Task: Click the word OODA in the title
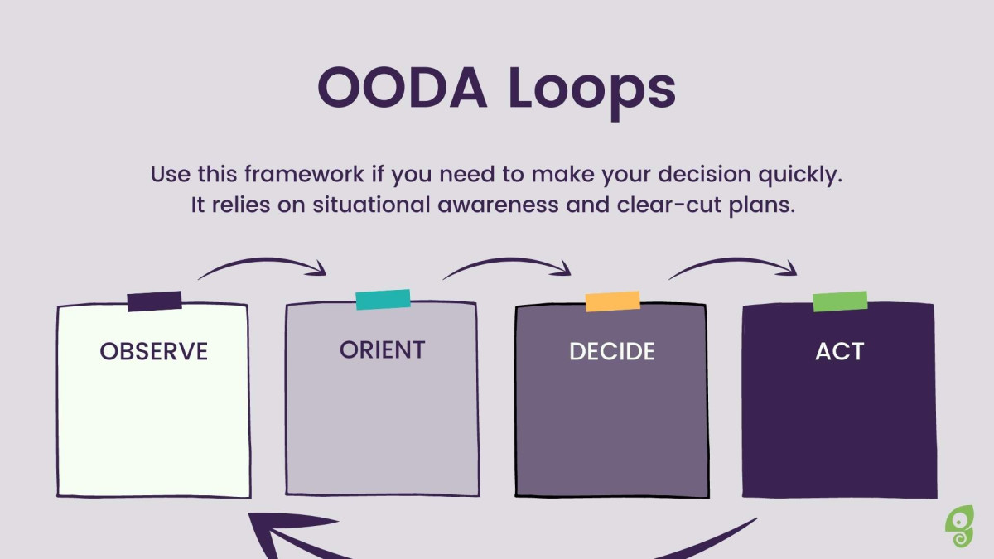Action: (x=403, y=88)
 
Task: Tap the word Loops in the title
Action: (x=592, y=92)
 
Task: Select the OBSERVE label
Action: (x=154, y=351)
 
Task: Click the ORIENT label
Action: (x=382, y=349)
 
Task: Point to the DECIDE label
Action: (x=612, y=351)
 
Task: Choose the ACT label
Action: (x=840, y=351)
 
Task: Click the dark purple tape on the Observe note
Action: (x=154, y=301)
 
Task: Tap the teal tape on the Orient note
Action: (x=383, y=300)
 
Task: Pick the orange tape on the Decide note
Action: (x=612, y=301)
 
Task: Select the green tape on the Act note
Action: (x=840, y=301)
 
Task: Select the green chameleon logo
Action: (x=959, y=526)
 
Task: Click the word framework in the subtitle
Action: (x=304, y=174)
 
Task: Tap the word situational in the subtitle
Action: (x=371, y=205)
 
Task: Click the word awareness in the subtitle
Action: (x=498, y=205)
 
